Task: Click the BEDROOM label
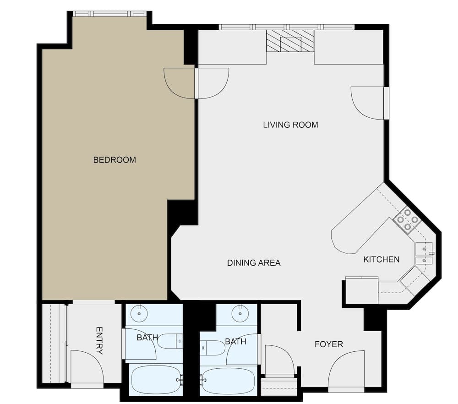click(x=114, y=160)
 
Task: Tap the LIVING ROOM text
click(x=290, y=125)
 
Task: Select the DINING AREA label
click(x=254, y=263)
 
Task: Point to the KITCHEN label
click(x=381, y=260)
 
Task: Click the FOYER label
click(x=328, y=344)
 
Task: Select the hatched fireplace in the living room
click(x=290, y=41)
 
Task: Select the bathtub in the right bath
click(x=228, y=380)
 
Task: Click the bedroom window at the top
click(x=109, y=14)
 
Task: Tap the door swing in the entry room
click(x=87, y=366)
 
